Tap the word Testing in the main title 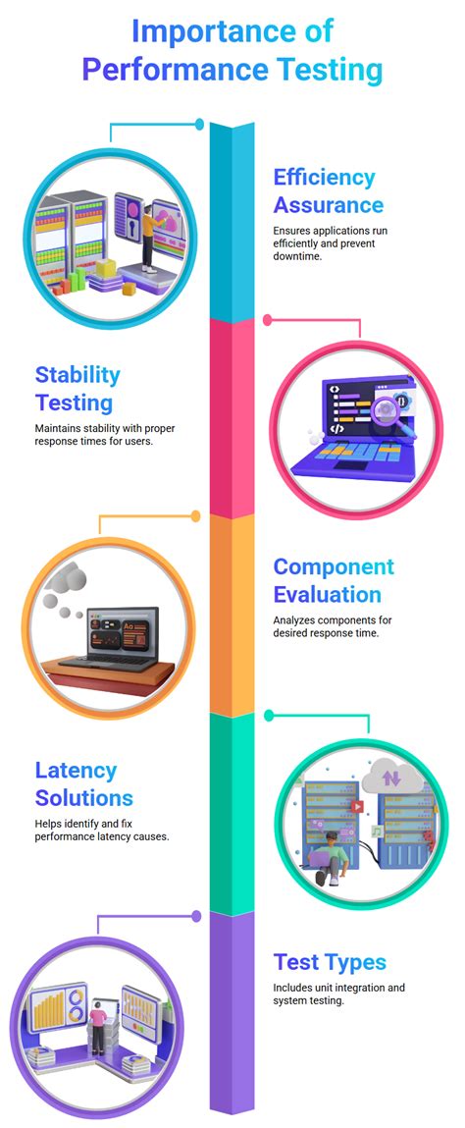(x=326, y=70)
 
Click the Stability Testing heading (x=77, y=388)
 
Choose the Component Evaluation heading (x=334, y=580)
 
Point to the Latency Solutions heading (x=83, y=783)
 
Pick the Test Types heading (x=330, y=961)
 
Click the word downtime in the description (x=298, y=256)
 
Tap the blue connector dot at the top (x=200, y=125)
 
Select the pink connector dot (x=267, y=320)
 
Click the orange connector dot (x=195, y=515)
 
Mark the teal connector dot (x=269, y=716)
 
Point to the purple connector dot (x=196, y=915)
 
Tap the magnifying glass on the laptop (x=386, y=404)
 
